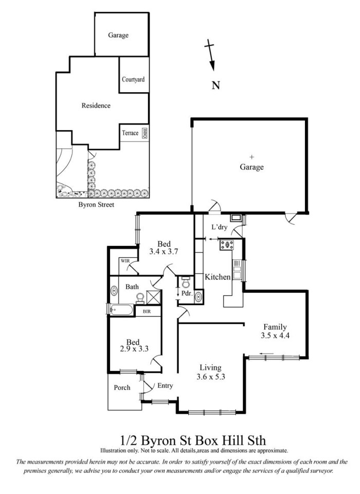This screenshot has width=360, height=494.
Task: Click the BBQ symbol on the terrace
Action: pyautogui.click(x=145, y=133)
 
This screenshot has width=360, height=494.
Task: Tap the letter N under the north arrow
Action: pyautogui.click(x=216, y=85)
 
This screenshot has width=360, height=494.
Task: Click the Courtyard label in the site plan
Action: pyautogui.click(x=133, y=79)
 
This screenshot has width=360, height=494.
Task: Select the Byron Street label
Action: pyautogui.click(x=96, y=205)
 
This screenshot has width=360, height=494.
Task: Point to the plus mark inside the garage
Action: pyautogui.click(x=251, y=157)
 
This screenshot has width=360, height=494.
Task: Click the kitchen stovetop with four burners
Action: pyautogui.click(x=227, y=245)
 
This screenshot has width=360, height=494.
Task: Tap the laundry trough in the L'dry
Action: pyautogui.click(x=236, y=217)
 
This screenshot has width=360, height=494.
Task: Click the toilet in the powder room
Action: pyautogui.click(x=186, y=282)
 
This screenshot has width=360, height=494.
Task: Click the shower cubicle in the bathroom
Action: pyautogui.click(x=154, y=297)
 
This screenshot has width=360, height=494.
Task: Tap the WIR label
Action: pyautogui.click(x=125, y=261)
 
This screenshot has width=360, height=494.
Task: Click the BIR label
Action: pyautogui.click(x=147, y=311)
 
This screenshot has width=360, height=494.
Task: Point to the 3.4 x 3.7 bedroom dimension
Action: pyautogui.click(x=164, y=252)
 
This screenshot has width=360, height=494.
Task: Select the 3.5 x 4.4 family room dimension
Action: pyautogui.click(x=275, y=335)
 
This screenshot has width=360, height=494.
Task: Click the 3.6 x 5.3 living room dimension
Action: pyautogui.click(x=211, y=376)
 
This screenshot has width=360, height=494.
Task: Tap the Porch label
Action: pyautogui.click(x=122, y=387)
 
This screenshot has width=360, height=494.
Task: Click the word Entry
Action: pyautogui.click(x=165, y=385)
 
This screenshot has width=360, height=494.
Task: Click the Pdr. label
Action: pyautogui.click(x=187, y=293)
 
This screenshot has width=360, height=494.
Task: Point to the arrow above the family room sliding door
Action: pyautogui.click(x=267, y=353)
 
